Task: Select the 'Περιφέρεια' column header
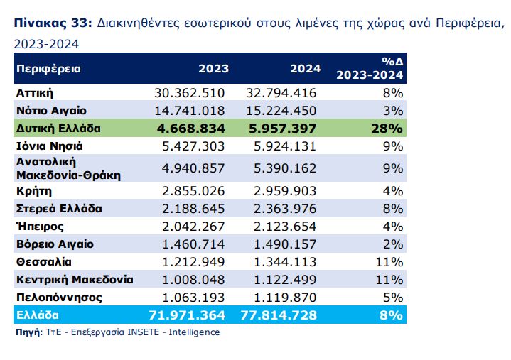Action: coord(48,69)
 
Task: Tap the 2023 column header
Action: coord(213,69)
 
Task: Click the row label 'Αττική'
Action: coord(35,93)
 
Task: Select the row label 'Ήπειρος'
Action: coord(40,227)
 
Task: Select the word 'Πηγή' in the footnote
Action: coord(27,332)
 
